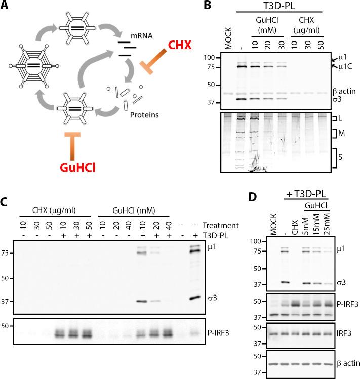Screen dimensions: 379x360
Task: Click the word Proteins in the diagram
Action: coord(147,115)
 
